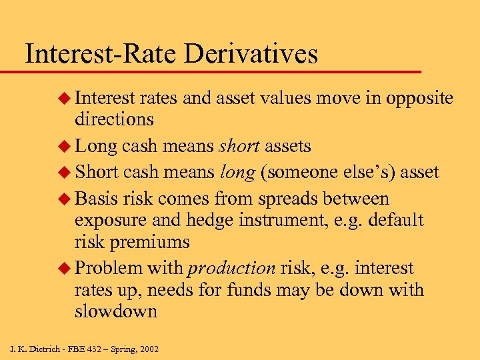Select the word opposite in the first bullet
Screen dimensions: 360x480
[416, 99]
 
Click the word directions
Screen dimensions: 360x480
[114, 119]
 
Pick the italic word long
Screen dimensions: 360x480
[237, 172]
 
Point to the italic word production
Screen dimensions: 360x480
[231, 268]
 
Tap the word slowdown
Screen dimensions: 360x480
[116, 311]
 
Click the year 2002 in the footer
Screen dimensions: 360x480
[148, 349]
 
